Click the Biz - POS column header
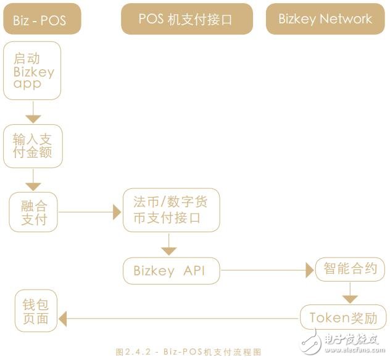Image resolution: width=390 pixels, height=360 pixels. point(39,19)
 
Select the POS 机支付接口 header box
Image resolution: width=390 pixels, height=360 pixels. point(186,19)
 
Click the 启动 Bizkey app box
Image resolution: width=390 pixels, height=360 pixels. point(33,70)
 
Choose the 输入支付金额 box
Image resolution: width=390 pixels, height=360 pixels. point(33,146)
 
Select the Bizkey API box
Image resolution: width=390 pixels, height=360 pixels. point(170,270)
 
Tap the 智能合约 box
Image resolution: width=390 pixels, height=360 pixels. point(350,269)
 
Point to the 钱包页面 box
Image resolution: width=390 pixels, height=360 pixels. point(36,312)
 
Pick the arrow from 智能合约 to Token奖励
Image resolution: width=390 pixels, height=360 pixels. point(350,292)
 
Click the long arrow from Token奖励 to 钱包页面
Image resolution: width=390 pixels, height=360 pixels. point(179,319)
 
